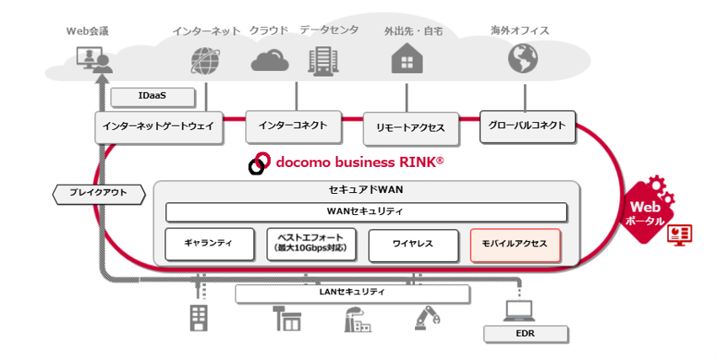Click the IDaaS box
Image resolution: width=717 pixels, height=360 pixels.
point(153,97)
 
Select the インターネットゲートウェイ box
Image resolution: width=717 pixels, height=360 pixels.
point(159,127)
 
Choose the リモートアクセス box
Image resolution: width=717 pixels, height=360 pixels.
point(411,129)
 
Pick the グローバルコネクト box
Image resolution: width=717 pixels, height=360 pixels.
point(527,126)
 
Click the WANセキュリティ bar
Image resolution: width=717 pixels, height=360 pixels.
point(366,212)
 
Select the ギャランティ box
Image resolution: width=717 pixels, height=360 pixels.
point(209,244)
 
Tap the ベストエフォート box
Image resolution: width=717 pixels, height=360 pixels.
point(311,244)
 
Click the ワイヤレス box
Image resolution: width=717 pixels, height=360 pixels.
point(413,245)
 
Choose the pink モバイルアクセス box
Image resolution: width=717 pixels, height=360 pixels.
point(515,245)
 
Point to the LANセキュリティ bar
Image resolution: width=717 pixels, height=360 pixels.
point(352,293)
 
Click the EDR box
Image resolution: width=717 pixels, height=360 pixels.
point(526,334)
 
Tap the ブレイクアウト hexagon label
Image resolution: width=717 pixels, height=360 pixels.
point(99,194)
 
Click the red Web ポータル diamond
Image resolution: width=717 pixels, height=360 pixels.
point(647,212)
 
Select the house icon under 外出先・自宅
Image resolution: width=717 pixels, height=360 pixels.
point(407,58)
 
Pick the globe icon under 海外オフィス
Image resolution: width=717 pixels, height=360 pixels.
point(523,58)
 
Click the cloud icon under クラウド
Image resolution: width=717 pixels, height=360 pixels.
point(270,61)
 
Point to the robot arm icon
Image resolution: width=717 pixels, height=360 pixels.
point(428,318)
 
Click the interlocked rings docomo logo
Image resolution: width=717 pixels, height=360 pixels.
point(259,163)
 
